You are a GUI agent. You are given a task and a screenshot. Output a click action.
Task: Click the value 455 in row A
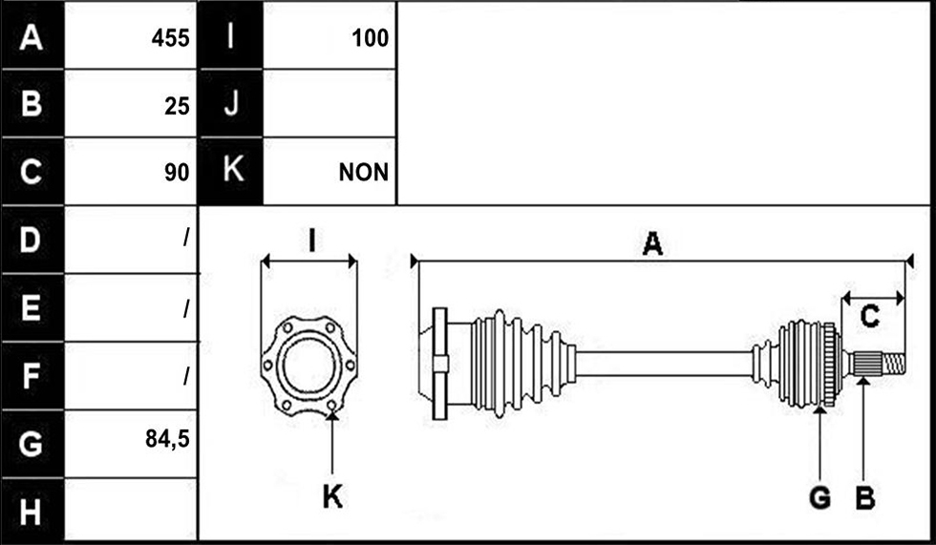(170, 38)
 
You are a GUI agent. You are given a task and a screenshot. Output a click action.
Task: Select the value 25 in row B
(178, 106)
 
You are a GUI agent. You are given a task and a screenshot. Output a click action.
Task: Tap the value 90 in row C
(178, 173)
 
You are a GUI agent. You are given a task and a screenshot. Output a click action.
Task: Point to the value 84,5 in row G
(168, 439)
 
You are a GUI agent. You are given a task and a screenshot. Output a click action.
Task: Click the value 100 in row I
(371, 38)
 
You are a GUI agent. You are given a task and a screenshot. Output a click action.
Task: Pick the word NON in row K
(364, 173)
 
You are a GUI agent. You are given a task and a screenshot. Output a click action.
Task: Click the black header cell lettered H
(32, 512)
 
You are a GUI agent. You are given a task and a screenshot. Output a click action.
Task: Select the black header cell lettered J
(230, 104)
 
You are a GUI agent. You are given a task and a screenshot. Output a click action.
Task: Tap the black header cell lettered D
(32, 240)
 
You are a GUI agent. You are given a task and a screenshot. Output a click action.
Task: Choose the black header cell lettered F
(32, 376)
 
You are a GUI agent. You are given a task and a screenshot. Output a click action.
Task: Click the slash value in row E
(186, 308)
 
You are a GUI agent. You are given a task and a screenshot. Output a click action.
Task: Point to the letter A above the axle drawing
(652, 244)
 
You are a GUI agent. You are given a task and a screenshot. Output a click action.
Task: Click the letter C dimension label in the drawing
(870, 316)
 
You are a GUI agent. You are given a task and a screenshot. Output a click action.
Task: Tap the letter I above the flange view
(311, 241)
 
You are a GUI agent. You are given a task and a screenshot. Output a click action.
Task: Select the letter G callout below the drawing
(820, 496)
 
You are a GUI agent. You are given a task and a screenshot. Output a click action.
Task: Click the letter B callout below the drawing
(865, 496)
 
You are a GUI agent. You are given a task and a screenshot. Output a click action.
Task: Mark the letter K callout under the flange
(332, 495)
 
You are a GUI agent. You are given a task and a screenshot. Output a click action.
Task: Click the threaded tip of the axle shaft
(894, 364)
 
